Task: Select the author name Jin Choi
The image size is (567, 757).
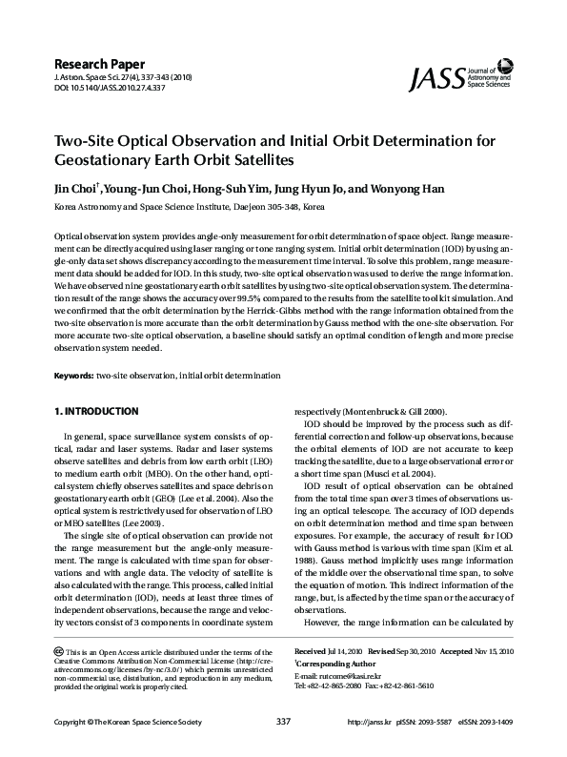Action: click(x=76, y=188)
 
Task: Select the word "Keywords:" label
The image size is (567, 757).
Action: click(x=72, y=377)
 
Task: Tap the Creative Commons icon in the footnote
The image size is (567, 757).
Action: click(x=59, y=650)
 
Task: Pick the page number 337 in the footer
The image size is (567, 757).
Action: click(x=283, y=747)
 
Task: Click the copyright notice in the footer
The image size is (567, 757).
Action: click(x=130, y=747)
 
